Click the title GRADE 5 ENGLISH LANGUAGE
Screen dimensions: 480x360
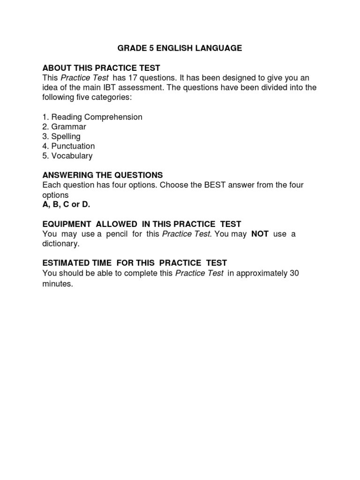[180, 48]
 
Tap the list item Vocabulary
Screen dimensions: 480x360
[72, 156]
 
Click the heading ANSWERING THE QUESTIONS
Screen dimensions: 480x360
[102, 175]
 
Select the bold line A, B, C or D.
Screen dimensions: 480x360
[66, 204]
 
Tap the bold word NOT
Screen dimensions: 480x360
[260, 234]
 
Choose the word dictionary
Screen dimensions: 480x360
[61, 244]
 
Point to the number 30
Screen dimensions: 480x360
[294, 273]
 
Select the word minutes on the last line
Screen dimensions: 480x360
[58, 283]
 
